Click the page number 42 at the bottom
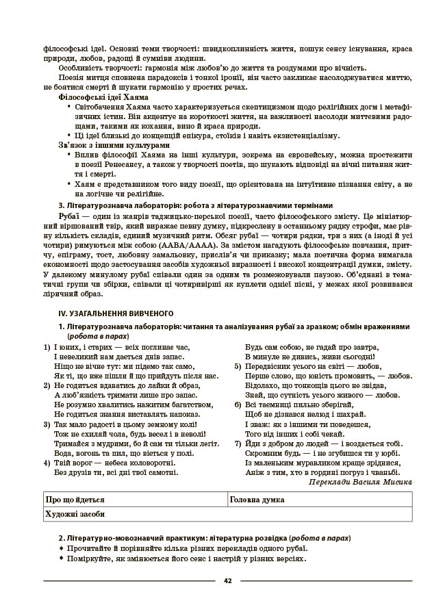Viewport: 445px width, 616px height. tap(227, 581)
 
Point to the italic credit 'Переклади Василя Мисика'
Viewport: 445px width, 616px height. tap(360, 482)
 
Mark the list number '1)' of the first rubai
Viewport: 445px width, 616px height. tap(47, 348)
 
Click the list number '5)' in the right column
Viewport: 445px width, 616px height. tap(238, 367)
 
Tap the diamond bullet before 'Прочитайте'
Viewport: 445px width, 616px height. tap(62, 548)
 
